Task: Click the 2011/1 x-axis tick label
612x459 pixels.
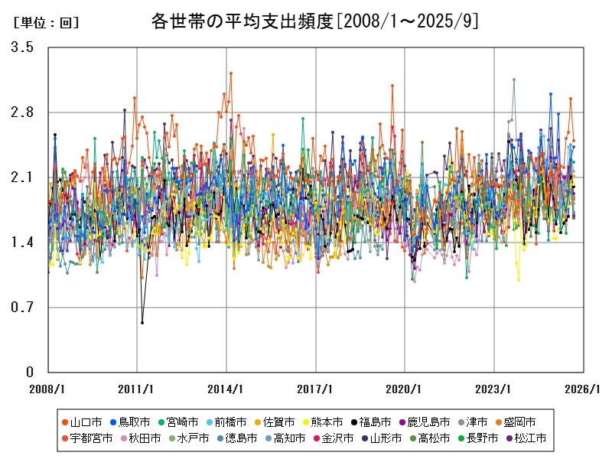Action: click(x=137, y=389)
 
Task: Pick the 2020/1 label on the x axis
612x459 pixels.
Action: click(x=405, y=389)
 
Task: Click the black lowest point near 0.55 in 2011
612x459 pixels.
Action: click(x=142, y=323)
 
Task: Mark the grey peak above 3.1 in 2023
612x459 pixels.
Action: click(x=514, y=80)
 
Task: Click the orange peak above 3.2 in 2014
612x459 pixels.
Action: click(x=230, y=73)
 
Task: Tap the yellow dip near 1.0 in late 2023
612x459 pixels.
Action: click(x=519, y=280)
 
